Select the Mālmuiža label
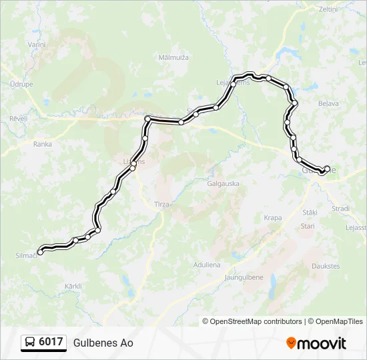pyautogui.click(x=173, y=57)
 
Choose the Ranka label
pyautogui.click(x=43, y=143)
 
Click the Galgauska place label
pyautogui.click(x=223, y=183)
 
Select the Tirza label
pyautogui.click(x=161, y=205)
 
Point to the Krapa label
pyautogui.click(x=272, y=218)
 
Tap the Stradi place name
pyautogui.click(x=340, y=208)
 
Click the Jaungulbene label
pyautogui.click(x=244, y=277)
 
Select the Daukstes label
pyautogui.click(x=326, y=266)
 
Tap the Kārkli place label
pyautogui.click(x=73, y=286)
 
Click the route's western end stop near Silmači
pyautogui.click(x=40, y=252)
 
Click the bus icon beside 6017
pyautogui.click(x=31, y=343)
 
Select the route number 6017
pyautogui.click(x=51, y=343)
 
